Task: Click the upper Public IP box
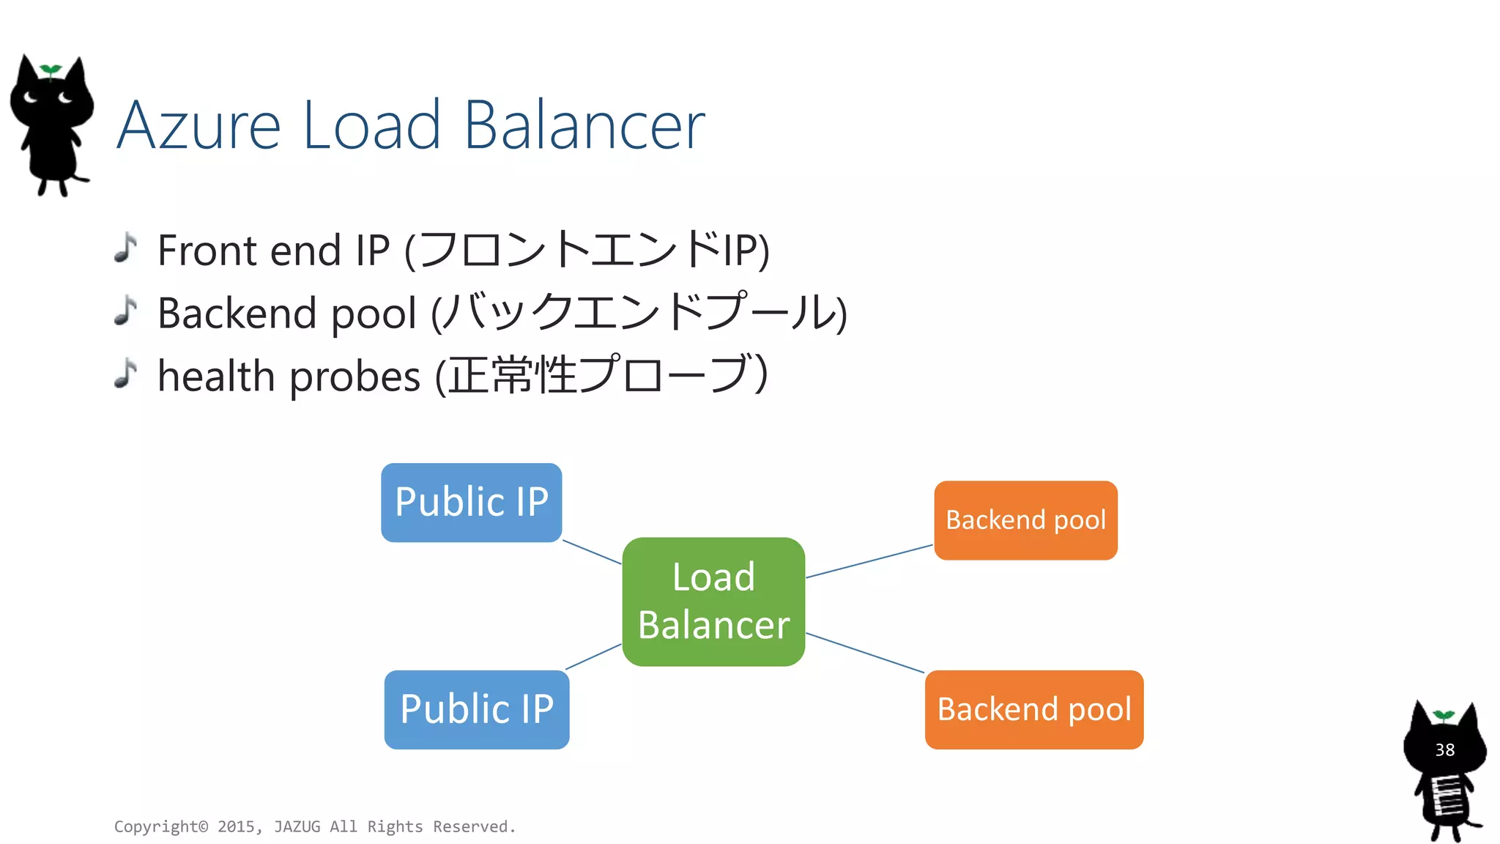pyautogui.click(x=471, y=503)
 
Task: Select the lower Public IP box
pyautogui.click(x=476, y=709)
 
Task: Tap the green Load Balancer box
pyautogui.click(x=713, y=601)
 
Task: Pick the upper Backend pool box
pyautogui.click(x=1025, y=520)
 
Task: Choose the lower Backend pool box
pyautogui.click(x=1033, y=709)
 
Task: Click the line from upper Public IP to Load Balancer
pyautogui.click(x=592, y=552)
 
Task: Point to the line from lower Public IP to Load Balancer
pyautogui.click(x=593, y=656)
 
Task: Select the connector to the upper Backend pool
pyautogui.click(x=869, y=561)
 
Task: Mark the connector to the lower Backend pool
pyautogui.click(x=865, y=653)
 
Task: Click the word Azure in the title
pyautogui.click(x=198, y=126)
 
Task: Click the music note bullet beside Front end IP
pyautogui.click(x=126, y=248)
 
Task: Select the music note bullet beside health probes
pyautogui.click(x=126, y=374)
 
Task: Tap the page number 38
pyautogui.click(x=1444, y=750)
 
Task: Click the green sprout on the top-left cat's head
pyautogui.click(x=50, y=70)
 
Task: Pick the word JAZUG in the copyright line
pyautogui.click(x=297, y=827)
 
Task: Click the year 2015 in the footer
pyautogui.click(x=236, y=827)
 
